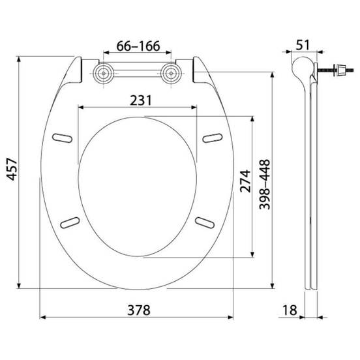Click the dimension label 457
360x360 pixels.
click(12, 169)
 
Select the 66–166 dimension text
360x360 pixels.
click(138, 46)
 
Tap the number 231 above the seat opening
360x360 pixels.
click(141, 100)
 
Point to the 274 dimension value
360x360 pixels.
click(245, 181)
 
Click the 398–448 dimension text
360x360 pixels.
click(265, 185)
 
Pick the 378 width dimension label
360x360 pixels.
click(139, 310)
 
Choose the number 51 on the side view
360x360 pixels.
click(303, 45)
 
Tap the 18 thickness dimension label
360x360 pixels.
click(290, 310)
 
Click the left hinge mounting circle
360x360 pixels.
click(104, 74)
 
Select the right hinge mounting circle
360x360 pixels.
click(171, 74)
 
